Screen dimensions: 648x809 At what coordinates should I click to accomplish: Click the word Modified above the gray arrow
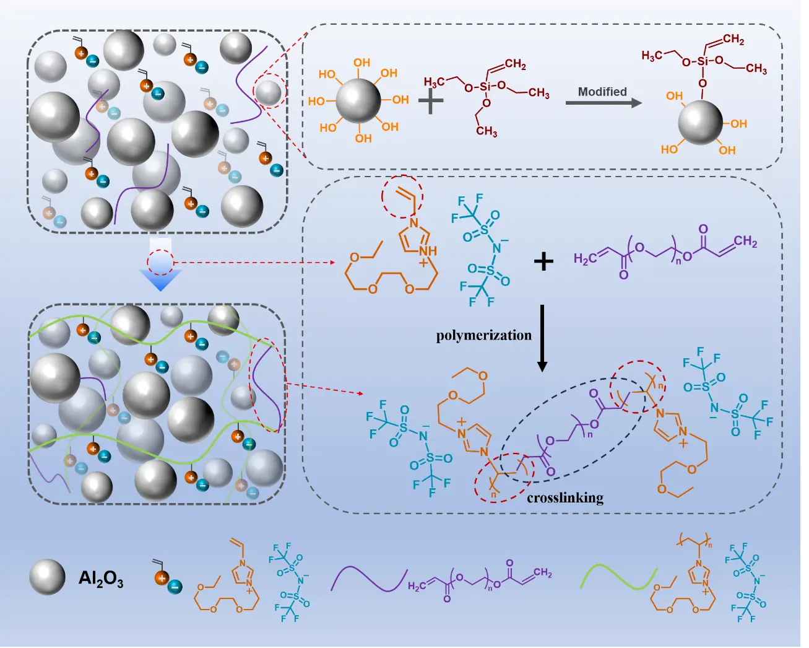pyautogui.click(x=602, y=92)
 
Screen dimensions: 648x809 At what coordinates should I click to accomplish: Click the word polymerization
pyautogui.click(x=483, y=336)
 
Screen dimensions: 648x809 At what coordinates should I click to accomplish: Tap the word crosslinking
pyautogui.click(x=565, y=497)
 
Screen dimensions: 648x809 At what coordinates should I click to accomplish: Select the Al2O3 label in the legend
pyautogui.click(x=101, y=579)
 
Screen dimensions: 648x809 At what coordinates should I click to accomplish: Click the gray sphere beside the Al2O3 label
pyautogui.click(x=47, y=577)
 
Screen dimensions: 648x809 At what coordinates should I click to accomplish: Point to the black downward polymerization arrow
pyautogui.click(x=542, y=338)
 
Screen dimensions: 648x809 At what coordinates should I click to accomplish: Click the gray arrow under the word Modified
pyautogui.click(x=604, y=103)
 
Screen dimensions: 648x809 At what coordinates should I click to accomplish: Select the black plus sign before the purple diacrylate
pyautogui.click(x=543, y=261)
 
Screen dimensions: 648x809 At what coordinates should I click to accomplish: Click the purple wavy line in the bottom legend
pyautogui.click(x=368, y=579)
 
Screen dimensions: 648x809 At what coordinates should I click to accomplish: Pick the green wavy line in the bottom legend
pyautogui.click(x=617, y=577)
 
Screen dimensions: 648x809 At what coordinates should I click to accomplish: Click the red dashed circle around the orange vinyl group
pyautogui.click(x=402, y=197)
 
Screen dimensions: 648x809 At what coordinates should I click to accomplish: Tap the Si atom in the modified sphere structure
pyautogui.click(x=702, y=61)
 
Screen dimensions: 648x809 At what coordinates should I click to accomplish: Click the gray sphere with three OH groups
pyautogui.click(x=700, y=123)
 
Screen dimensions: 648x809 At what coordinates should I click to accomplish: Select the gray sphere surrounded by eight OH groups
pyautogui.click(x=359, y=101)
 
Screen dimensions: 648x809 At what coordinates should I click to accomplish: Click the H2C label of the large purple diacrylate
pyautogui.click(x=586, y=258)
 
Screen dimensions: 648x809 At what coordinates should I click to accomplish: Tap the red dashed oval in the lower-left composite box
pyautogui.click(x=267, y=384)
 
